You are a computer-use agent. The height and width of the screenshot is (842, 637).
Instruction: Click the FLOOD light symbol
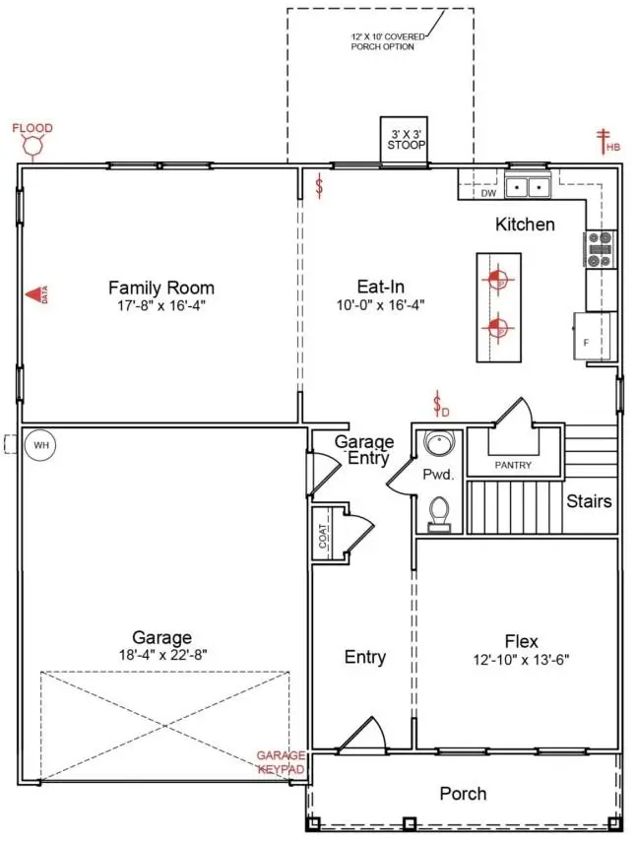(x=32, y=147)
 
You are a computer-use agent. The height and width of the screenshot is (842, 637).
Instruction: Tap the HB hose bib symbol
(x=605, y=141)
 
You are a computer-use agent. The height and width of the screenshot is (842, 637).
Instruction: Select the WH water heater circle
(x=40, y=445)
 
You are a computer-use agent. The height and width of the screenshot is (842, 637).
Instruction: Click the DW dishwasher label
(x=488, y=193)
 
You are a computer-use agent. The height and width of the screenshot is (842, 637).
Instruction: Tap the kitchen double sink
(x=529, y=186)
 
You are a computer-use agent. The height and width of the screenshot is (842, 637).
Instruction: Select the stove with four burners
(x=600, y=249)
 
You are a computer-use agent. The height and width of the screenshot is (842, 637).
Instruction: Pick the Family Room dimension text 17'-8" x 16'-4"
(x=161, y=306)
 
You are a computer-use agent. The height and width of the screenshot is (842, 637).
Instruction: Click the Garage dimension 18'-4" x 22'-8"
(x=162, y=653)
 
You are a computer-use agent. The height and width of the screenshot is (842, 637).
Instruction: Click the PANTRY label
(x=513, y=465)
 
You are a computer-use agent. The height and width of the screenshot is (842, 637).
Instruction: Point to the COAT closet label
(x=322, y=535)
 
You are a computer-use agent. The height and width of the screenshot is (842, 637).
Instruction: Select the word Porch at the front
(x=463, y=793)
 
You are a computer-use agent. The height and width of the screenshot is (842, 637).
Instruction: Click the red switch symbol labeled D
(x=440, y=404)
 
